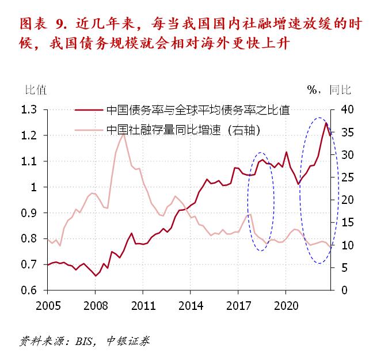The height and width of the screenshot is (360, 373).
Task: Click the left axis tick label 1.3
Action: tap(29, 110)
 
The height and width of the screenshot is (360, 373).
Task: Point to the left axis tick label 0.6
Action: tap(29, 290)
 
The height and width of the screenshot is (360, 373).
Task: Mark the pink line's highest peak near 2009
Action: tap(123, 134)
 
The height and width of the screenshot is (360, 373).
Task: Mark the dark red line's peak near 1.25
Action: tap(326, 123)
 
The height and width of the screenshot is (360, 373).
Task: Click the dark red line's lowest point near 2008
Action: tap(96, 276)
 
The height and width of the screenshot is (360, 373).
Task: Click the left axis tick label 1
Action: tap(34, 187)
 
